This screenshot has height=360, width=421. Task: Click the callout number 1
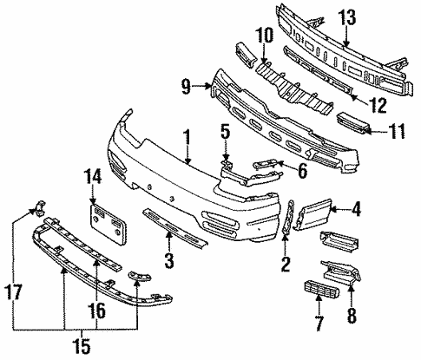click(x=186, y=136)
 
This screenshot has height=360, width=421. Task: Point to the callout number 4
click(x=356, y=208)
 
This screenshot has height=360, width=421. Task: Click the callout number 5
click(x=225, y=133)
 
